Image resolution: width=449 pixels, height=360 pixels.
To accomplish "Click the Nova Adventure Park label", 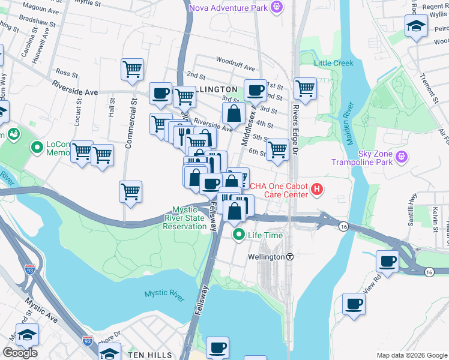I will coord(229,7).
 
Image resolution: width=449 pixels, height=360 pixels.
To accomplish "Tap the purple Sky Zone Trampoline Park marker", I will coord(402,158).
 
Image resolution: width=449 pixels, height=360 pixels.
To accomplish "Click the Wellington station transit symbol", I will coord(290,256).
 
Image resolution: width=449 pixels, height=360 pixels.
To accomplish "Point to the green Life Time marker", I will coord(239,235).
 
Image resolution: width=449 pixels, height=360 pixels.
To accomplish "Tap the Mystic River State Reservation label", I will coord(189,218).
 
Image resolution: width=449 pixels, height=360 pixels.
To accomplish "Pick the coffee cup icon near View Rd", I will coord(387,261).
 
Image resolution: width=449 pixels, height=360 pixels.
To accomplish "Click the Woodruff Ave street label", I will coord(236,61).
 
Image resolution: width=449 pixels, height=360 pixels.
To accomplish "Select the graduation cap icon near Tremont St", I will coord(415,26).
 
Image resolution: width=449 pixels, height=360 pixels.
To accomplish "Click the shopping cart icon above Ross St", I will coord(132,69).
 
